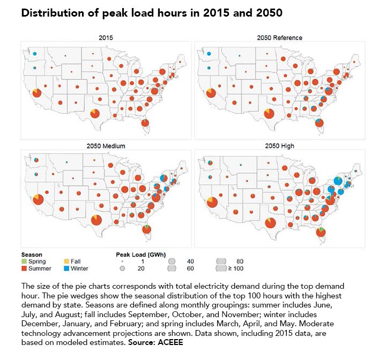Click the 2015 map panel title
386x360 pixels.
tap(106, 38)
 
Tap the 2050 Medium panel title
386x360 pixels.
tap(106, 146)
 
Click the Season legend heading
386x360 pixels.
tap(32, 254)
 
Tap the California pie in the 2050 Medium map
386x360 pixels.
tap(38, 199)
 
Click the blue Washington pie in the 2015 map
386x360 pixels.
tap(34, 54)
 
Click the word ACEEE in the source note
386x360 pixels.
tap(172, 341)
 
